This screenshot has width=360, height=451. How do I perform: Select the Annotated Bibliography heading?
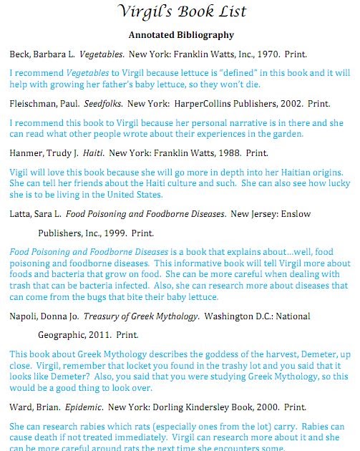(180, 34)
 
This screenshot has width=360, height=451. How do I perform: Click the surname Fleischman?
(34, 103)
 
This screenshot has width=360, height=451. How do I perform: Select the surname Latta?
(21, 213)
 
